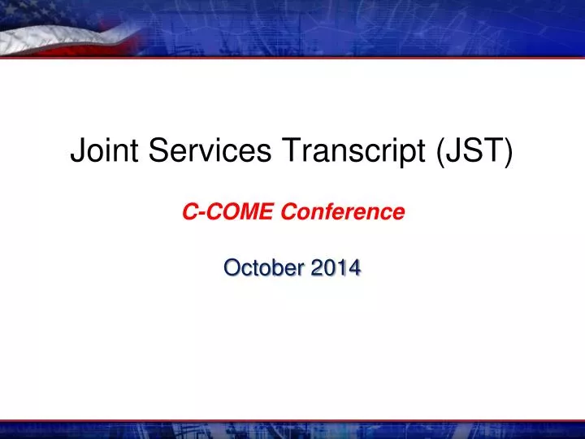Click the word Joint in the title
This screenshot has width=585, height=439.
click(105, 150)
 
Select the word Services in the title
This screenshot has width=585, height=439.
click(210, 150)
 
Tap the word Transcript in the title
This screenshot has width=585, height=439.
click(353, 152)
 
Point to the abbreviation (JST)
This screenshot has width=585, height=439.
click(474, 151)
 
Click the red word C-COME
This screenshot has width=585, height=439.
click(228, 211)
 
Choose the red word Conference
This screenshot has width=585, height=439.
click(343, 211)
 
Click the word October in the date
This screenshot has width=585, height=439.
click(264, 267)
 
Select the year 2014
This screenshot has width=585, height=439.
click(336, 267)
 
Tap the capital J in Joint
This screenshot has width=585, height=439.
click(78, 150)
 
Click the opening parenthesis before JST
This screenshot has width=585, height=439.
click(440, 152)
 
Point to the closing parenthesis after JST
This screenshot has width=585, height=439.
click(509, 152)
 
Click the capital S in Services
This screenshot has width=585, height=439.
click(158, 150)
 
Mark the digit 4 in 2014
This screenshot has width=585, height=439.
click(354, 267)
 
